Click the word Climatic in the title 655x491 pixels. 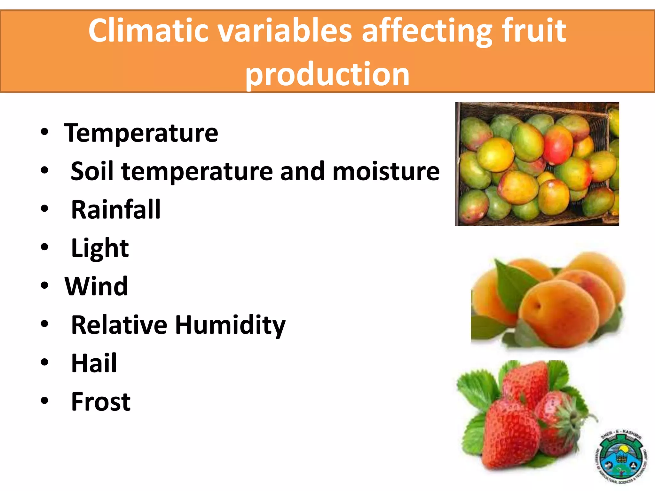148,31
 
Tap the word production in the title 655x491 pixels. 327,74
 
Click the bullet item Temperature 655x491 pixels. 141,133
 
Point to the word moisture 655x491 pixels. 386,171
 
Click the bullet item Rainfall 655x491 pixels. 116,210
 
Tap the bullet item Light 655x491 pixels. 100,248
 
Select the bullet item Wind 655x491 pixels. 96,286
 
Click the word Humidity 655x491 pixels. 230,325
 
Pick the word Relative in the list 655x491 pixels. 119,325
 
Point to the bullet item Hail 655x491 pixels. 94,363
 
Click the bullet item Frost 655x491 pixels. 101,401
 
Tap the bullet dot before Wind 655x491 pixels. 44,285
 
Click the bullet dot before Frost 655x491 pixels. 44,401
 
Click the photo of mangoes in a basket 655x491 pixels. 537,164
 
